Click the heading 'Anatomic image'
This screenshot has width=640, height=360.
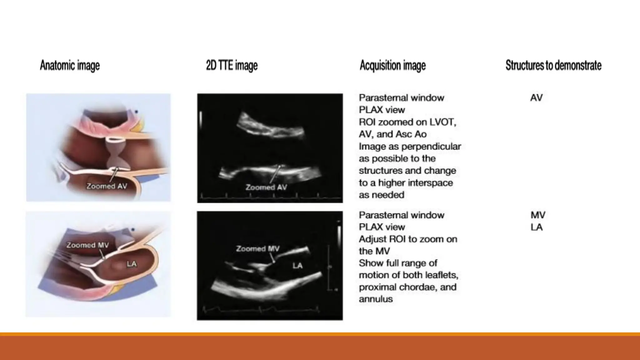[70, 66]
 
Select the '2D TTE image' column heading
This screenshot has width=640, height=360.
[232, 66]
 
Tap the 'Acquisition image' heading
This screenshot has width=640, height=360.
[392, 66]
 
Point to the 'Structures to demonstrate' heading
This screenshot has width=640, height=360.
[553, 66]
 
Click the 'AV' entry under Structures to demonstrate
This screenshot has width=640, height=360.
[536, 98]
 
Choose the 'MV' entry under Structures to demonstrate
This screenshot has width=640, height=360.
[538, 215]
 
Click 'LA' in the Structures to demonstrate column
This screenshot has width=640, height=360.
[537, 227]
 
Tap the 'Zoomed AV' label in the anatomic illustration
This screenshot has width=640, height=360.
[107, 186]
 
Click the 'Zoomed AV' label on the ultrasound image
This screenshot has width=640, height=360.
[266, 187]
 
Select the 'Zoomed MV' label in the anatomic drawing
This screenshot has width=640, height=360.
[87, 245]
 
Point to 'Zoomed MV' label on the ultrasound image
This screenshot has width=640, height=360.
[257, 249]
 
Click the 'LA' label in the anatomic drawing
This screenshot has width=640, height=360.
[132, 264]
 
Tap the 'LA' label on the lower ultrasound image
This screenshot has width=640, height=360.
[297, 266]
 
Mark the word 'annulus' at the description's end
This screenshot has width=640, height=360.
[376, 299]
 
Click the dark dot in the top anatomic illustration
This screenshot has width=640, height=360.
[136, 112]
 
